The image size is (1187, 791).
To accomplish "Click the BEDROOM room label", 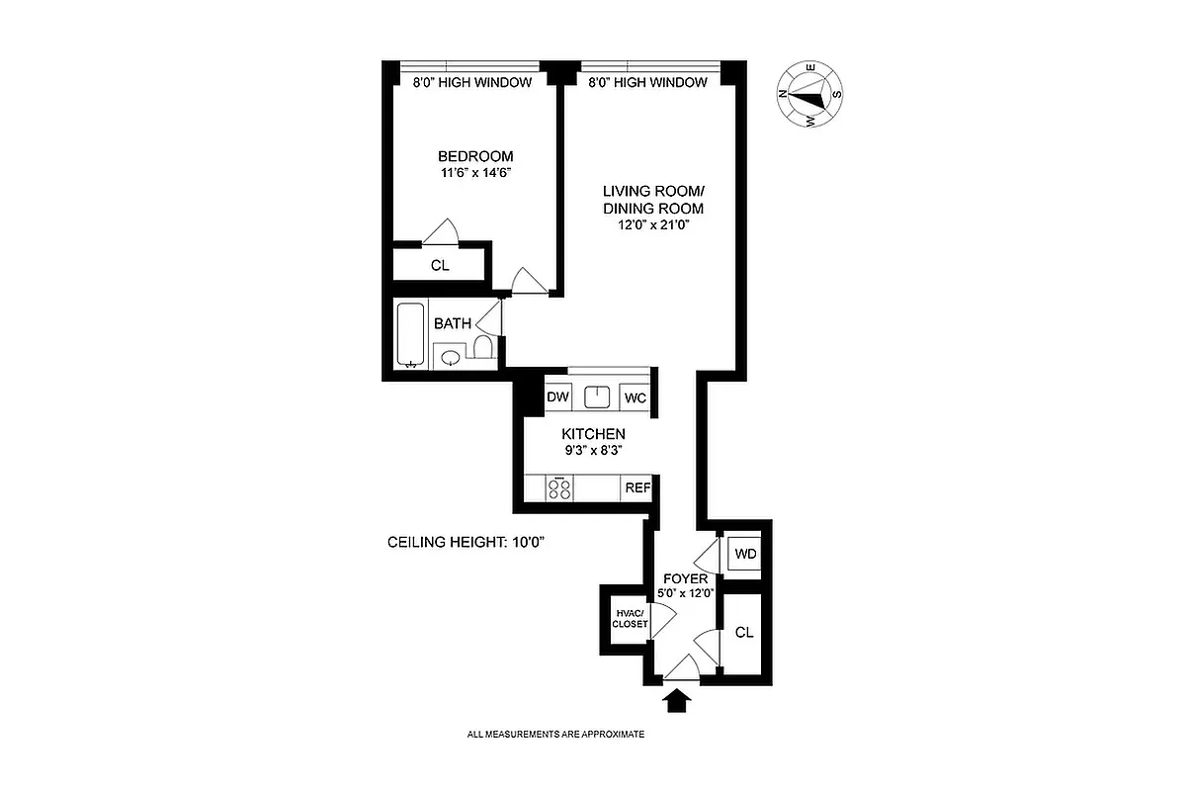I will pyautogui.click(x=475, y=156).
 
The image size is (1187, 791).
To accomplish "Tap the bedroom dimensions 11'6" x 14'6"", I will pyautogui.click(x=475, y=172).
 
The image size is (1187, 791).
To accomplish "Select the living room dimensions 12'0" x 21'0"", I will pyautogui.click(x=653, y=224).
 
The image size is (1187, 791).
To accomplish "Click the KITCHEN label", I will pyautogui.click(x=593, y=434).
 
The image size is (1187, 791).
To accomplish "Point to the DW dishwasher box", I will pyautogui.click(x=558, y=397).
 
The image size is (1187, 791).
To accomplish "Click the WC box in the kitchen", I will pyautogui.click(x=635, y=397).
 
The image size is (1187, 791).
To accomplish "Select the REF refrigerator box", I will pyautogui.click(x=636, y=487).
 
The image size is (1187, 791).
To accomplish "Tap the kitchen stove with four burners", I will pyautogui.click(x=559, y=488).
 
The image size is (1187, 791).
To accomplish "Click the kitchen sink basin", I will pyautogui.click(x=597, y=397).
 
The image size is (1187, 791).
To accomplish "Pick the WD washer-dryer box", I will pyautogui.click(x=745, y=554).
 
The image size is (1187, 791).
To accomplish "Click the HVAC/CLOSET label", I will pyautogui.click(x=630, y=618).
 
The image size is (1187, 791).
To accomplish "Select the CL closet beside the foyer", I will pyautogui.click(x=744, y=632).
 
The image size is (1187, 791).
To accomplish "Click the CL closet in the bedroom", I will pyautogui.click(x=440, y=265).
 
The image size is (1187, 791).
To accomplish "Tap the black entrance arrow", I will pyautogui.click(x=677, y=701).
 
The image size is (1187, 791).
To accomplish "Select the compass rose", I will pyautogui.click(x=809, y=95).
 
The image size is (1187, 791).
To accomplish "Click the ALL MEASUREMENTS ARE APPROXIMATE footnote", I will pyautogui.click(x=555, y=735).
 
